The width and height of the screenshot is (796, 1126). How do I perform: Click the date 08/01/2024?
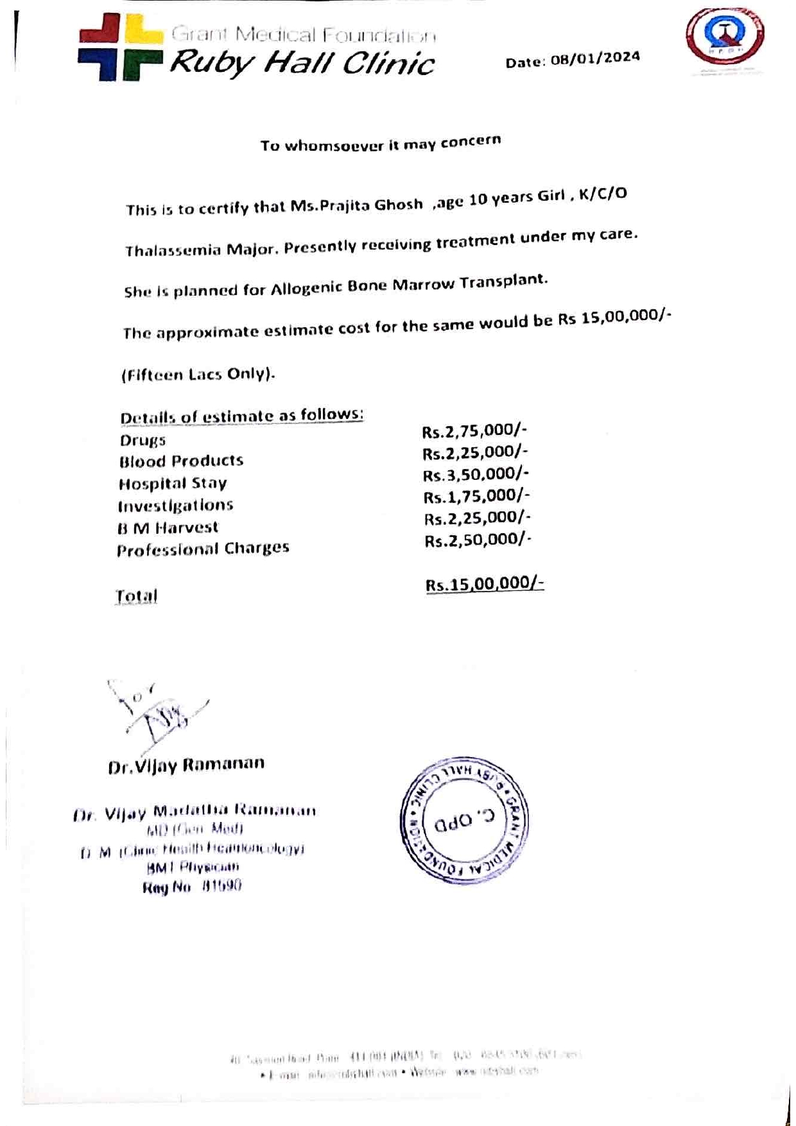pos(595,58)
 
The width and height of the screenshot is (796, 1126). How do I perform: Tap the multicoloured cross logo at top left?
pos(120,47)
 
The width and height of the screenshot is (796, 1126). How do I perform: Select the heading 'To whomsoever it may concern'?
pos(380,143)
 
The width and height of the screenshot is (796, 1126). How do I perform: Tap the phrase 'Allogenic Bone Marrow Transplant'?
pos(408,284)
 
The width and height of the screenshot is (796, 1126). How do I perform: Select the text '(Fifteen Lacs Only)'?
pos(198,374)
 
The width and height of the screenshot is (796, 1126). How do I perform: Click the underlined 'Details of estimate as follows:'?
pos(241,416)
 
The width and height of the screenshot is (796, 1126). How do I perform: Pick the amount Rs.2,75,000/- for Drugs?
pos(474,431)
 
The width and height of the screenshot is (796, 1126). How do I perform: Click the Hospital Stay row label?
pos(173,483)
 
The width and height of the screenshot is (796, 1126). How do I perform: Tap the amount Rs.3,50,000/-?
pos(476,475)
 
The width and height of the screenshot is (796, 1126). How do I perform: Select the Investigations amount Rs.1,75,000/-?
pos(476,497)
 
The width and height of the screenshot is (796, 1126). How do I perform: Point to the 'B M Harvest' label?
pos(168,527)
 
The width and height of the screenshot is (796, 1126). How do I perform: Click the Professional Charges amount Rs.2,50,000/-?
pos(478,540)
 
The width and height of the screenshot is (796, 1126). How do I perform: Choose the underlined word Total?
pos(136,596)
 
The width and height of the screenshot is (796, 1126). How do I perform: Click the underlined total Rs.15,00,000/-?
pos(485,584)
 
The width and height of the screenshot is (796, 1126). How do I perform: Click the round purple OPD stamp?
pos(464,821)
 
